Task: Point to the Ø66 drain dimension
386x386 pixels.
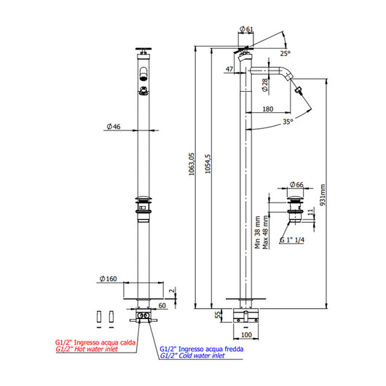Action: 296,184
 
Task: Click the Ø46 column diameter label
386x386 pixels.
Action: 113,127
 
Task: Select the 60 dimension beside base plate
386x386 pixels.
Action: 163,306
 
